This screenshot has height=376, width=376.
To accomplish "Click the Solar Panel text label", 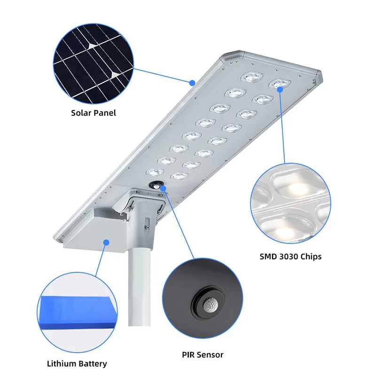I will point(93,113).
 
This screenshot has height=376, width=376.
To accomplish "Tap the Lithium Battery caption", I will point(77,363).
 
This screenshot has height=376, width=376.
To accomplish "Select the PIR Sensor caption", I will point(203,355).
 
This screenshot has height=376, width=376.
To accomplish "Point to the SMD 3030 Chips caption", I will point(290,257).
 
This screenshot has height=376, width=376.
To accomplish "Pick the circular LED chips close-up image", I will point(290,207).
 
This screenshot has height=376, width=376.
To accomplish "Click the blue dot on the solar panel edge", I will point(192,83).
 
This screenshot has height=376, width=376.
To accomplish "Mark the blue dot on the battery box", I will point(106,243).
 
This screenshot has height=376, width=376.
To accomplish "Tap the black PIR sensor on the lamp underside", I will point(155,186).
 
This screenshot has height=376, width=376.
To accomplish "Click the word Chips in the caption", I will point(311,257).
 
